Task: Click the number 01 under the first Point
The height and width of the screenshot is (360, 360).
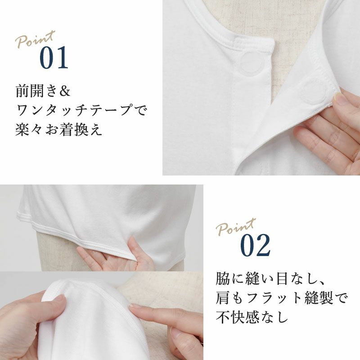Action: coord(54,58)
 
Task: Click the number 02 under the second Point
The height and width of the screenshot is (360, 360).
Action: coord(255,245)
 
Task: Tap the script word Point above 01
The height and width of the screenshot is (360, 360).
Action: coord(35,39)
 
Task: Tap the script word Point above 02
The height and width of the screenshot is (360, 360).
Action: coord(236,227)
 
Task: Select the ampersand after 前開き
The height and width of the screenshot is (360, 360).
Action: coord(64,91)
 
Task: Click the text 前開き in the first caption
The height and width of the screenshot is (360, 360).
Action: coord(36,91)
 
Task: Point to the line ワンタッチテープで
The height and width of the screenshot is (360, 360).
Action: coord(81,110)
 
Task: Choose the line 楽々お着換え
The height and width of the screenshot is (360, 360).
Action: coord(59,130)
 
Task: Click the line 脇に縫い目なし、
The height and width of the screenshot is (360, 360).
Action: coord(270,279)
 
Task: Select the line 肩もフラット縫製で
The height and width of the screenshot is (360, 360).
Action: coord(282,298)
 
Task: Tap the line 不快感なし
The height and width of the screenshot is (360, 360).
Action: coord(252,317)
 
